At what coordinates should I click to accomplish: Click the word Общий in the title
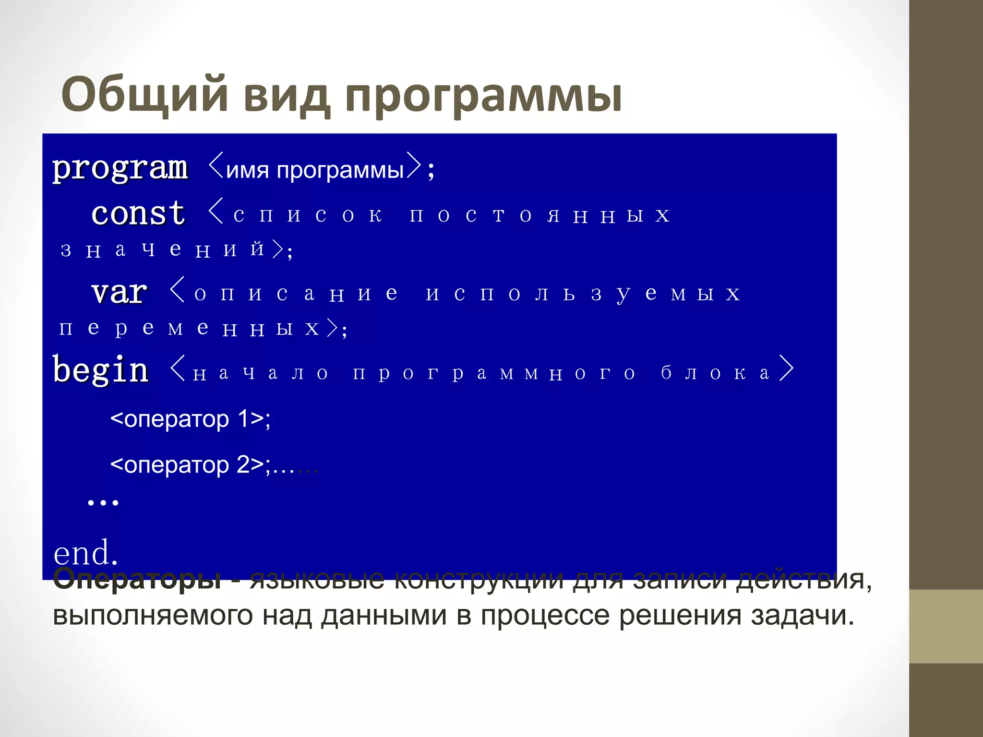pyautogui.click(x=144, y=95)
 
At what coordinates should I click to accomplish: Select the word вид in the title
pyautogui.click(x=287, y=95)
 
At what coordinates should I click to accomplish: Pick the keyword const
pyautogui.click(x=138, y=213)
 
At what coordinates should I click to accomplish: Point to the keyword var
pyautogui.click(x=119, y=292)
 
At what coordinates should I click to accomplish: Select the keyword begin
pyautogui.click(x=100, y=370)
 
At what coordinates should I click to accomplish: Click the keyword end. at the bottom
pyautogui.click(x=85, y=553)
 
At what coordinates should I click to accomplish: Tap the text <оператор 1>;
pyautogui.click(x=190, y=419)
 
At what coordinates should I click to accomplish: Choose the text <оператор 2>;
pyautogui.click(x=190, y=464)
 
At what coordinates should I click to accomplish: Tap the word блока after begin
pyautogui.click(x=715, y=373)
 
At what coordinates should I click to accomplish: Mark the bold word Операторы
pyautogui.click(x=137, y=579)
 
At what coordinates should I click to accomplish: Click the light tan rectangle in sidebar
pyautogui.click(x=946, y=626)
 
